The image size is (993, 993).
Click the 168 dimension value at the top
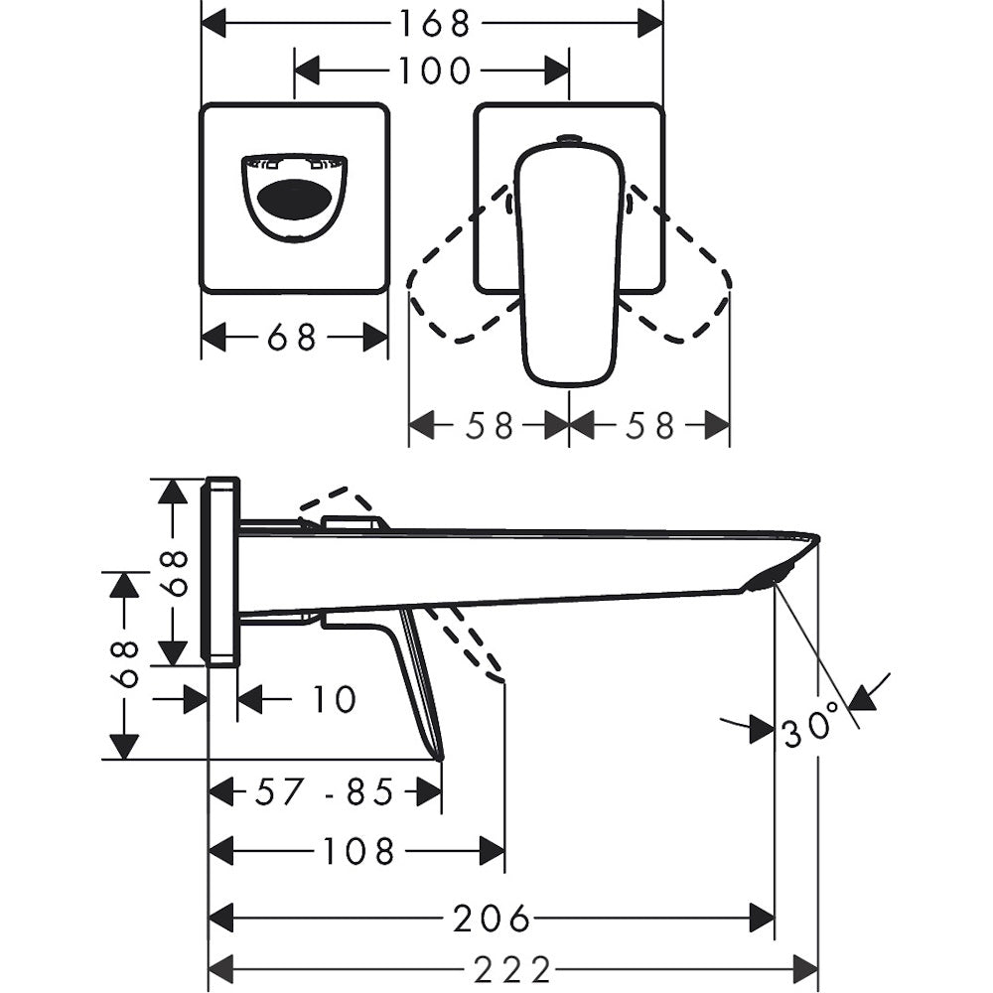434,24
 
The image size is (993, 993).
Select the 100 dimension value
435,71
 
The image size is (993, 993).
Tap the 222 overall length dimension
512,969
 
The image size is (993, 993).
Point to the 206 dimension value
492,919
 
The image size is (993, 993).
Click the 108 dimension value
359,851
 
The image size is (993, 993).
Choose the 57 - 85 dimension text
325,791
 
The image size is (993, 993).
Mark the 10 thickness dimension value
335,699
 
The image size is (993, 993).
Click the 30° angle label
811,724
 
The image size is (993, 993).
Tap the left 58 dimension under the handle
489,426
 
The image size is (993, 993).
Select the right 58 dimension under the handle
649,426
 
